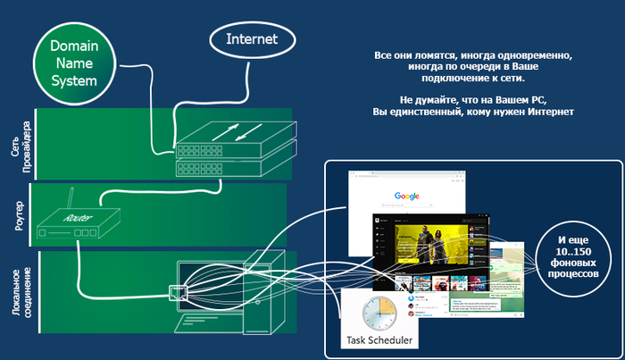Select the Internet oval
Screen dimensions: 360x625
coord(252,40)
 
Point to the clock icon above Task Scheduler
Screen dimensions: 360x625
coord(380,314)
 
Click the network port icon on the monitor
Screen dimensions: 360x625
coord(179,290)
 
